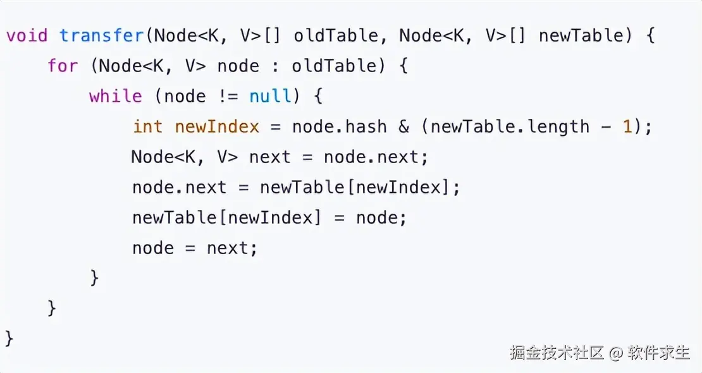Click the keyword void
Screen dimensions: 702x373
(27, 35)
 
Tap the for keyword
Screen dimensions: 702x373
(63, 66)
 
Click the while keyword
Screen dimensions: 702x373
(115, 96)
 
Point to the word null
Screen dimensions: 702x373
(270, 96)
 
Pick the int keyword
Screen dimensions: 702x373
(148, 126)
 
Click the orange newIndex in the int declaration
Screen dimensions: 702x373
(217, 126)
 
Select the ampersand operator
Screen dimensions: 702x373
(404, 126)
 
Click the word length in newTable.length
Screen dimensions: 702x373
(554, 126)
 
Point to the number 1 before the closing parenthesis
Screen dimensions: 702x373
(627, 126)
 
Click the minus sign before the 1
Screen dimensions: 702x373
(607, 126)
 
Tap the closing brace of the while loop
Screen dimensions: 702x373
(95, 278)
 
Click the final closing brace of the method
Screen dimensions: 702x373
(9, 338)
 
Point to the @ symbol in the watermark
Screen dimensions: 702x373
(617, 353)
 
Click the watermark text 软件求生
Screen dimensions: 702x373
(658, 352)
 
